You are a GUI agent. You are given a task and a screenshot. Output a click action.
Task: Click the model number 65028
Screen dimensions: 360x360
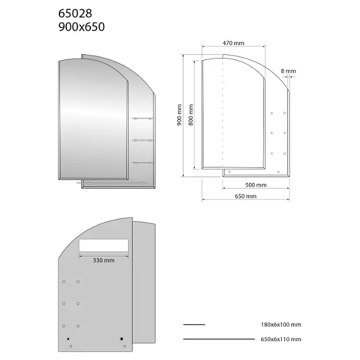pos(75,13)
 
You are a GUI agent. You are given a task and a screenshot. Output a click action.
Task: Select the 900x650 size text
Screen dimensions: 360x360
pos(82,27)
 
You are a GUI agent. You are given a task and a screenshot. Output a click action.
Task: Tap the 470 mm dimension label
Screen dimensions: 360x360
pos(233,43)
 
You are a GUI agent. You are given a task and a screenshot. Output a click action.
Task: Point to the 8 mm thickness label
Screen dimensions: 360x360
pos(289,71)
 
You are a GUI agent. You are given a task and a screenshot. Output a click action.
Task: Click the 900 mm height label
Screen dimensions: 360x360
pos(179,115)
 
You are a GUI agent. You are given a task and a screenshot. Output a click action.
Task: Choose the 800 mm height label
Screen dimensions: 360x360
pos(191,115)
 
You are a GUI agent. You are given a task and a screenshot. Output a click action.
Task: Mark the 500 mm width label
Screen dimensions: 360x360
pos(256,185)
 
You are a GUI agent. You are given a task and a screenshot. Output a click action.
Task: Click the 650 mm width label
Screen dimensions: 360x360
pos(246,197)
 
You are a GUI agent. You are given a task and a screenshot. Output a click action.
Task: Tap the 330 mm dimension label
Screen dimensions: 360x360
pos(103,261)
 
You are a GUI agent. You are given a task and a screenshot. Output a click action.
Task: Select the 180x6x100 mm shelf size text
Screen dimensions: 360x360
pos(281,325)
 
